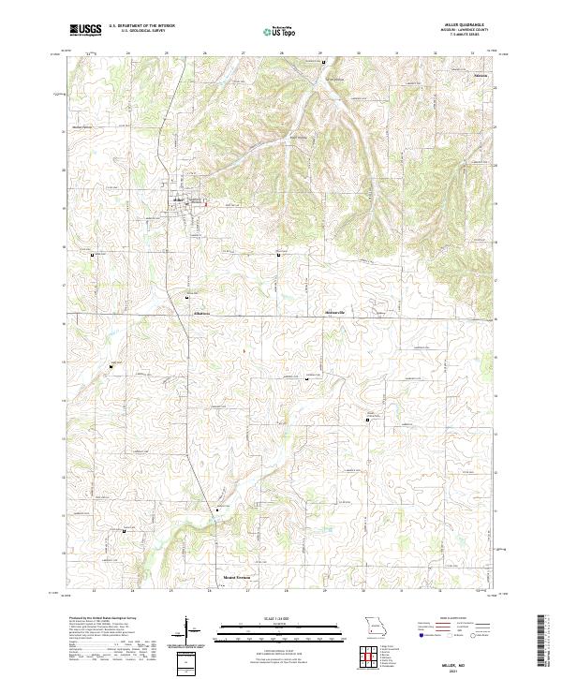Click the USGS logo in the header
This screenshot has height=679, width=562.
coord(85,30)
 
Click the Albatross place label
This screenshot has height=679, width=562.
coord(202,313)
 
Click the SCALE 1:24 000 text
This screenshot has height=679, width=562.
coord(268,616)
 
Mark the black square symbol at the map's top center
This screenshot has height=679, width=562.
coord(323,63)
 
